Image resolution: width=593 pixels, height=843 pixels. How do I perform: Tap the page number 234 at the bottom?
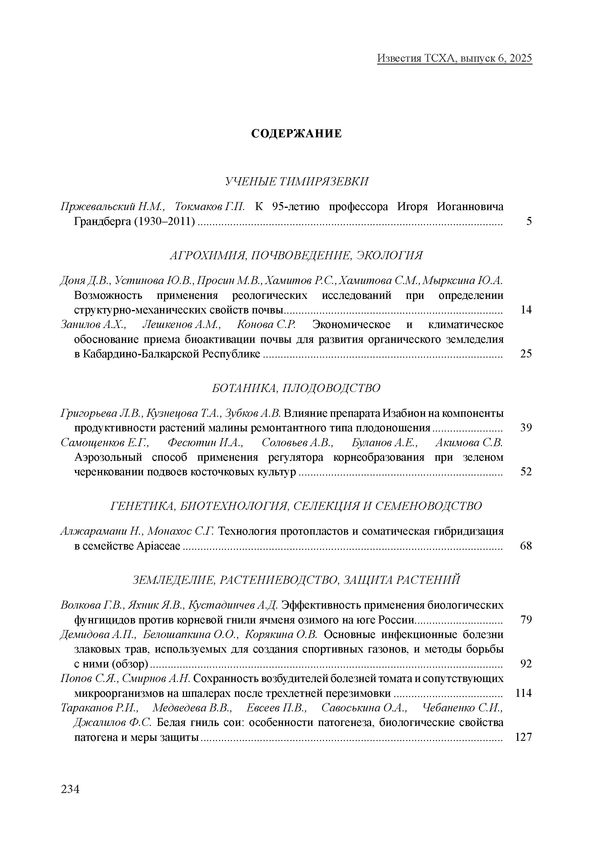click(x=70, y=789)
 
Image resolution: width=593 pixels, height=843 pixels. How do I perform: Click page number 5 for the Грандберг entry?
click(x=529, y=222)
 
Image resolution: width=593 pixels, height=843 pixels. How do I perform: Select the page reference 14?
click(x=526, y=310)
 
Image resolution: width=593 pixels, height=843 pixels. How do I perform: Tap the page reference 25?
click(x=526, y=354)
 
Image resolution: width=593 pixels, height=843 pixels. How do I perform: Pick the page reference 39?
click(x=526, y=428)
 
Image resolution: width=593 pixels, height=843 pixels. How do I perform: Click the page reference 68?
click(x=526, y=546)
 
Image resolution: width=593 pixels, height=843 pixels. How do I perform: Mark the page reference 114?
click(x=524, y=693)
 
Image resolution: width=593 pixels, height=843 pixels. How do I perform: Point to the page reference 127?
click(x=524, y=737)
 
